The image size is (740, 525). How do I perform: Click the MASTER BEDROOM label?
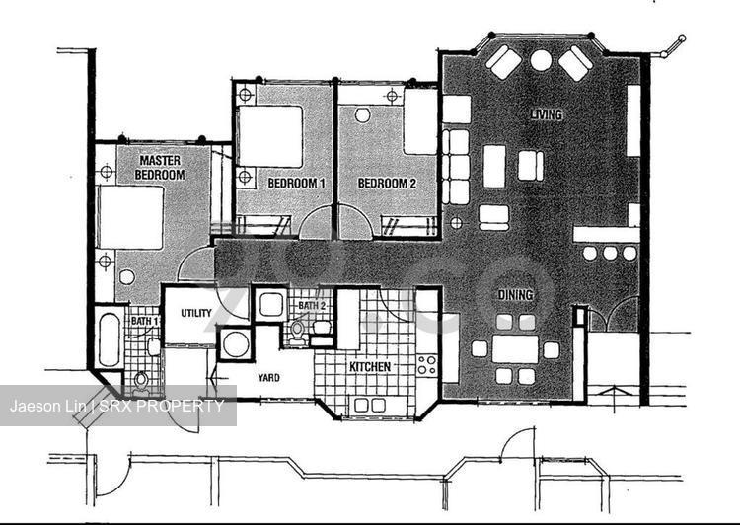pyautogui.click(x=160, y=168)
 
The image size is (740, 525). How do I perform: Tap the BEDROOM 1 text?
pyautogui.click(x=296, y=184)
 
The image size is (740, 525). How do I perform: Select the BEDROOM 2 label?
pyautogui.click(x=387, y=184)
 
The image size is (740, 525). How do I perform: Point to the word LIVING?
pyautogui.click(x=547, y=114)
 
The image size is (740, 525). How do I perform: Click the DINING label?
pyautogui.click(x=515, y=295)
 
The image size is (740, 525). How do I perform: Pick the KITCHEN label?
pyautogui.click(x=370, y=367)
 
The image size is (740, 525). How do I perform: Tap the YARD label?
pyautogui.click(x=268, y=378)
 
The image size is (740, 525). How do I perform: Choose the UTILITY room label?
pyautogui.click(x=196, y=313)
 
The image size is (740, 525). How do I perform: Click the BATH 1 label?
pyautogui.click(x=145, y=321)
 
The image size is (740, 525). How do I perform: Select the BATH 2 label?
pyautogui.click(x=312, y=306)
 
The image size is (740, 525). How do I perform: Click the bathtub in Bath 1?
pyautogui.click(x=109, y=339)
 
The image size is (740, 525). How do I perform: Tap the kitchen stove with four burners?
pyautogui.click(x=426, y=366)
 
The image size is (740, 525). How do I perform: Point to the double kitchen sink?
pyautogui.click(x=370, y=405)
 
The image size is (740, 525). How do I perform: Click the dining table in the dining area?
pyautogui.click(x=515, y=349)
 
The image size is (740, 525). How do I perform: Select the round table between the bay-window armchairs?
pyautogui.click(x=541, y=60)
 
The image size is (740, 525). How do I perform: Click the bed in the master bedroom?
pyautogui.click(x=130, y=217)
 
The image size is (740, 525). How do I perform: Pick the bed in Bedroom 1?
pyautogui.click(x=270, y=136)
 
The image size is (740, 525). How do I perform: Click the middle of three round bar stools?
pyautogui.click(x=610, y=253)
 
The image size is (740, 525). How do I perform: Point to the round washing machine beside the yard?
pyautogui.click(x=236, y=344)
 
